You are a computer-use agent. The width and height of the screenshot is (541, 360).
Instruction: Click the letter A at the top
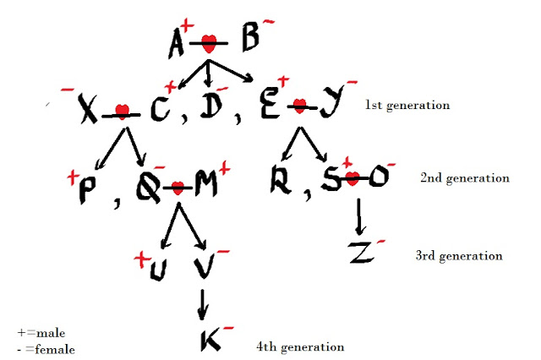(x=178, y=42)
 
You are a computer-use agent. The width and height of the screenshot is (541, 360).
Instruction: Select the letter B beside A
(x=249, y=40)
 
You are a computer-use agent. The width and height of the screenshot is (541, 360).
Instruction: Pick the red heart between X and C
(x=122, y=110)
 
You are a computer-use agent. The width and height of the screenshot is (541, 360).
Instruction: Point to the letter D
(x=211, y=106)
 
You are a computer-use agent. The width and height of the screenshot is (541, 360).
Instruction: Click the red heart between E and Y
(x=298, y=106)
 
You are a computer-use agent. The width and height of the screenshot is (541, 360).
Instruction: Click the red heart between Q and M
(x=178, y=188)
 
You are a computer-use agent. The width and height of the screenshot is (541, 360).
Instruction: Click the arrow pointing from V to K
(x=202, y=303)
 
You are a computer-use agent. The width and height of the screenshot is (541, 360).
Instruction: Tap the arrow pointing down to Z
(x=361, y=216)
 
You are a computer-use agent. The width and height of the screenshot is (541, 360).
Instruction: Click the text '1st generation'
(x=407, y=106)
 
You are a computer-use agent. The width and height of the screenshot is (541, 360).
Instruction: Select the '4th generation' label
(x=299, y=346)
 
